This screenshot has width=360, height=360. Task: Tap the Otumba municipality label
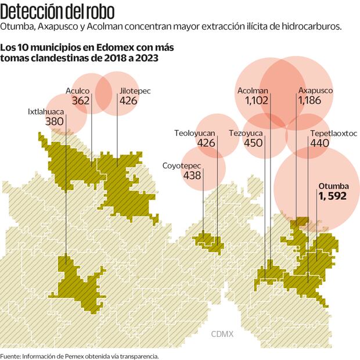[x=333, y=186]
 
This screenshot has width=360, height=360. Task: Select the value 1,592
[x=332, y=196]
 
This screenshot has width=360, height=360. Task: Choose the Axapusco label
[x=315, y=91]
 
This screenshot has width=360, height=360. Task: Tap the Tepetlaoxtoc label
[x=333, y=133]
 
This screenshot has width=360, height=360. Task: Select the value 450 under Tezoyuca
[x=254, y=143]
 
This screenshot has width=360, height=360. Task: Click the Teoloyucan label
[x=195, y=133]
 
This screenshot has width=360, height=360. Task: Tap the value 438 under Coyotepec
[x=192, y=175]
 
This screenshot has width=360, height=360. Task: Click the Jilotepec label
[x=128, y=91]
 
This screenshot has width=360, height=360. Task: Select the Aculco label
[x=77, y=91]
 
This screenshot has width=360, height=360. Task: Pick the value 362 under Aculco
[x=81, y=100]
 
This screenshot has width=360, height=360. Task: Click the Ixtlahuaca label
[x=45, y=111]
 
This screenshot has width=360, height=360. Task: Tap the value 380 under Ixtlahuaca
[x=53, y=121]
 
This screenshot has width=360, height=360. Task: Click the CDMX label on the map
[x=221, y=334]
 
